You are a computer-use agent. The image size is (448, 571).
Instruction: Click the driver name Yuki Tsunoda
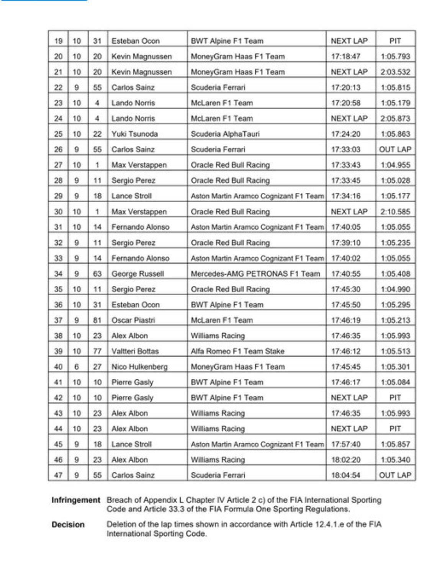tap(134, 134)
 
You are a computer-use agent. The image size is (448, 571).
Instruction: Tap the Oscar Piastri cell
tap(133, 320)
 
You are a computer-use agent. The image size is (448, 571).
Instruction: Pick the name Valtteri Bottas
tap(135, 351)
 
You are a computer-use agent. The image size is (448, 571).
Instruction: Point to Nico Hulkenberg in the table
tap(139, 367)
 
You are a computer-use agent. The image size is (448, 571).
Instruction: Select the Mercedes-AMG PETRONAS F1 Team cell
tap(255, 274)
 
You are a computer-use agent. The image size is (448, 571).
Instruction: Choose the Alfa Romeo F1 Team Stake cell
tap(237, 351)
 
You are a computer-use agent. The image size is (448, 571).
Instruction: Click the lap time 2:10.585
tap(395, 212)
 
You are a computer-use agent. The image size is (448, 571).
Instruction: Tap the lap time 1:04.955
tap(395, 165)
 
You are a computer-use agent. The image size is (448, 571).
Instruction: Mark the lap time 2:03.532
tap(395, 72)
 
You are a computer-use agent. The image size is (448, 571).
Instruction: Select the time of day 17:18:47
tap(345, 57)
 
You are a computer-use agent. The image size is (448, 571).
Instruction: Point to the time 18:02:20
tap(345, 460)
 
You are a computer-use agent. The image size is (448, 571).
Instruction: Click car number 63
tap(97, 274)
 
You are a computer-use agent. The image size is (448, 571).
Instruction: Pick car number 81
tap(97, 320)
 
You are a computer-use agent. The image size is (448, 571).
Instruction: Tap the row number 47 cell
tap(58, 475)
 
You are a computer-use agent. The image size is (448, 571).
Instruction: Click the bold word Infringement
tap(76, 500)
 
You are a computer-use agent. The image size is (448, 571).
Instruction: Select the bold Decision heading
tap(68, 525)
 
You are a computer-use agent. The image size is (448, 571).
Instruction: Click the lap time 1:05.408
tap(395, 274)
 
